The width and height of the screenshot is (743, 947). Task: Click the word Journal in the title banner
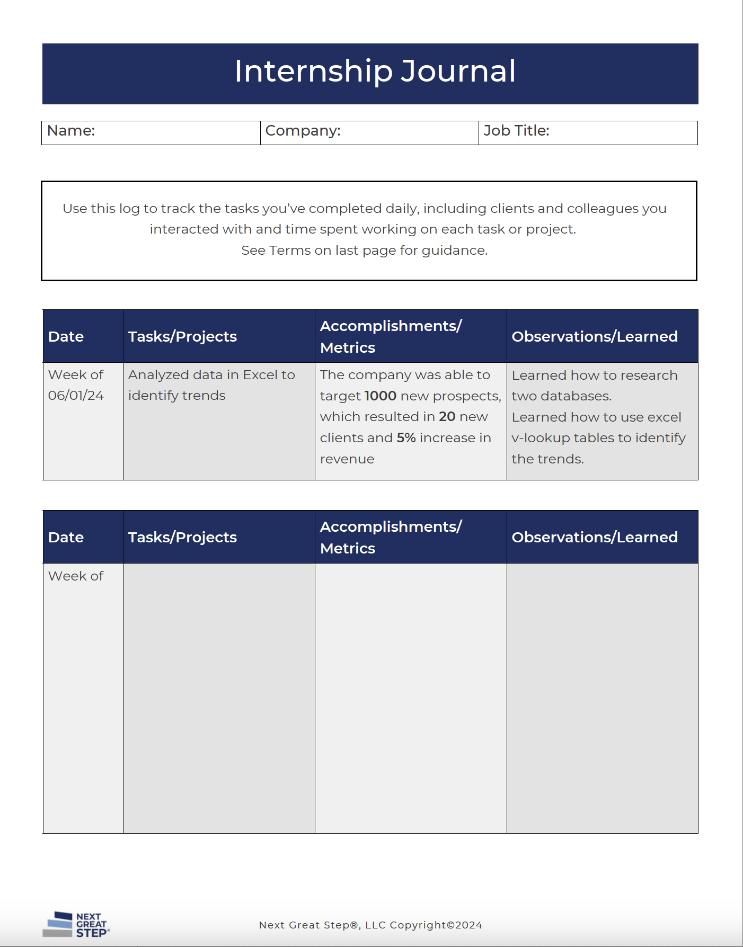(458, 71)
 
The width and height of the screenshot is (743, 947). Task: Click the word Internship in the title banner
(314, 71)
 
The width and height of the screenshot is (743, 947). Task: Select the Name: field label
(71, 131)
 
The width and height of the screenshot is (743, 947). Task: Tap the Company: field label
(303, 131)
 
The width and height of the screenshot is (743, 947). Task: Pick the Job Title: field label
(516, 131)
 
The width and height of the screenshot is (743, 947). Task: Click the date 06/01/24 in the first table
(76, 396)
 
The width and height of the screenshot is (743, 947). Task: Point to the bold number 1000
(381, 396)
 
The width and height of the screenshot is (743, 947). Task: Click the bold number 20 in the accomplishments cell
(447, 417)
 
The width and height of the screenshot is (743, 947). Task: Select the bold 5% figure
(406, 438)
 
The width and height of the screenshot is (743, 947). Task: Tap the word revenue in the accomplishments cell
(347, 459)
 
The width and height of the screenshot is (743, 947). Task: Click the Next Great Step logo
(76, 925)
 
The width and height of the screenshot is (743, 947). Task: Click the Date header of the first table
(66, 337)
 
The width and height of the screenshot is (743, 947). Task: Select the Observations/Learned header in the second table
(595, 538)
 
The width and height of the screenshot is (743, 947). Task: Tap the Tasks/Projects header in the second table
(182, 538)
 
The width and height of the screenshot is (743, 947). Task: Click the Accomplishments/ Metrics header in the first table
(391, 337)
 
